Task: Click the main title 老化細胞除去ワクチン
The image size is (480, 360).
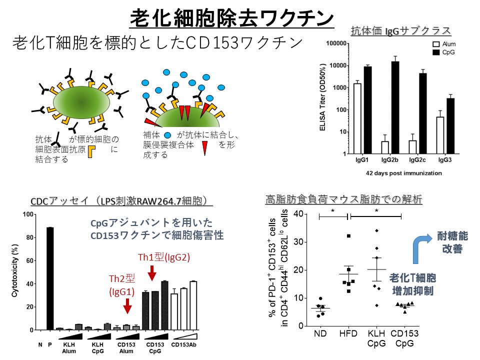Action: [x=232, y=19]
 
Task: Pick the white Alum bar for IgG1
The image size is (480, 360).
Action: [x=357, y=118]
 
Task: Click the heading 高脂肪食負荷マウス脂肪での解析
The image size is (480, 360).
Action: [x=344, y=200]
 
